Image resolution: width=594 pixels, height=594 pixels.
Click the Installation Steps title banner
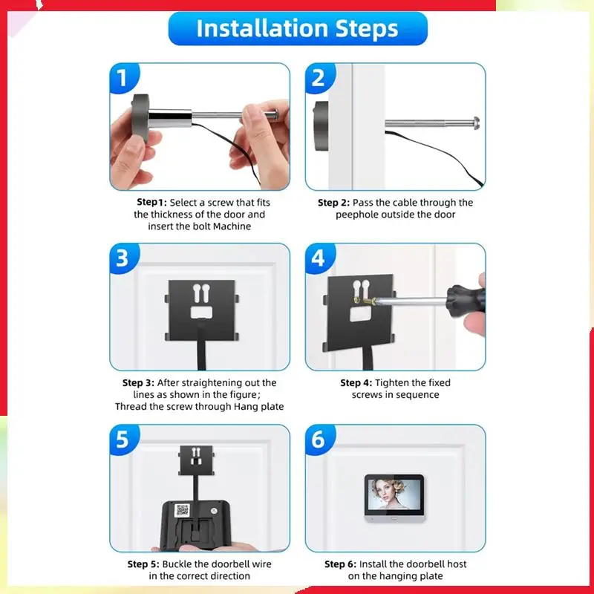point(298,28)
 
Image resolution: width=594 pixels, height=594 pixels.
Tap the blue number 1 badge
point(123,78)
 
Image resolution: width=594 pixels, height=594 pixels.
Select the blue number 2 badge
point(319,78)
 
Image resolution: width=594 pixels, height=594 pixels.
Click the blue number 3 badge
point(123,258)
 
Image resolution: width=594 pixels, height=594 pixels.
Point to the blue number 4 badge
point(319,258)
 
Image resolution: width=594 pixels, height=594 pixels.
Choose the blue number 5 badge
point(123,440)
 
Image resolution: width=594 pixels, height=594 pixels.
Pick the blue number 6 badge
point(319,440)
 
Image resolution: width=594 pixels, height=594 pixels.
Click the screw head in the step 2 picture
point(476,123)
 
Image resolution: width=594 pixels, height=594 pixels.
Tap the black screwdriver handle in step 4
point(466,299)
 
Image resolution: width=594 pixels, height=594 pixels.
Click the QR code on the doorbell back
point(182,510)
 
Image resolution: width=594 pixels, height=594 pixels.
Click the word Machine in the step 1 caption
point(232,226)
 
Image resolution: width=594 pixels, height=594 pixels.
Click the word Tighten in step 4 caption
point(391,383)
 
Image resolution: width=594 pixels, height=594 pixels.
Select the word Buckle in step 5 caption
point(177,564)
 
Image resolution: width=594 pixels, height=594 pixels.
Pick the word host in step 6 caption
point(457,564)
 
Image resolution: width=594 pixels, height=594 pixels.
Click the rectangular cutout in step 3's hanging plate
point(201,312)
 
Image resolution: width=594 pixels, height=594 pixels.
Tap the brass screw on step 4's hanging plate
point(365,301)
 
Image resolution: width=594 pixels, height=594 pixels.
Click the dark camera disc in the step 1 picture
point(140,117)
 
